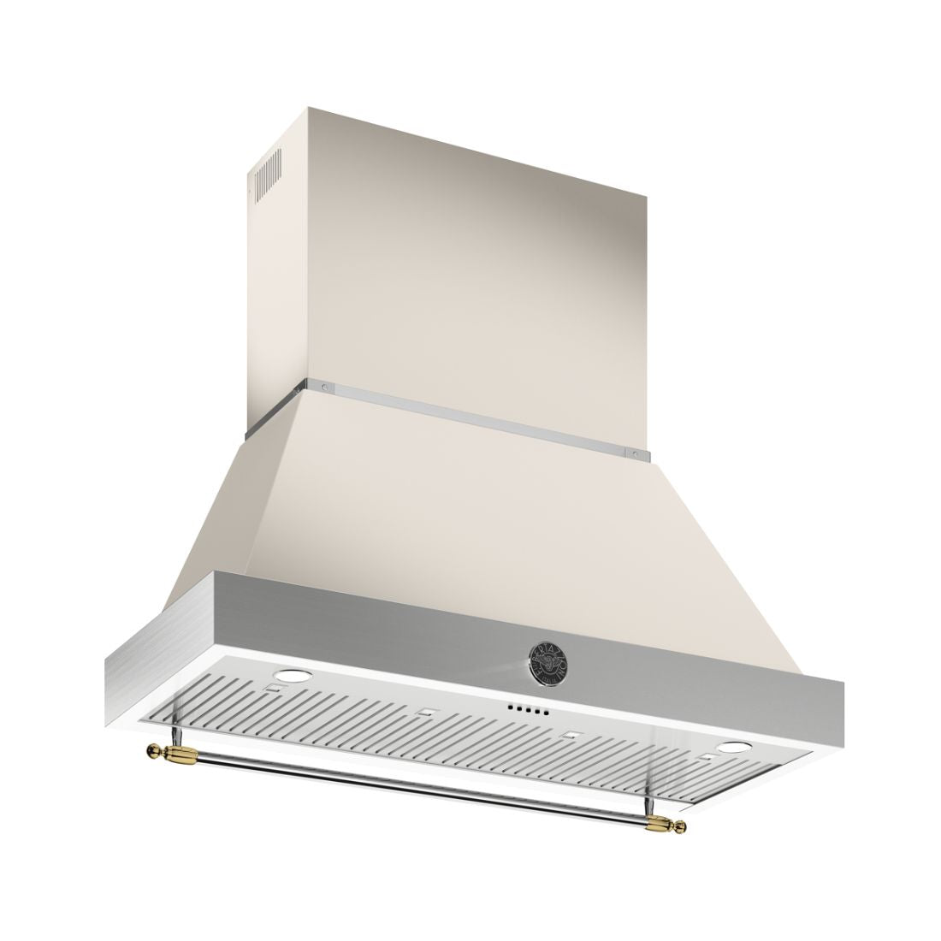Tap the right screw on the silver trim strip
pos(634,454)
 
